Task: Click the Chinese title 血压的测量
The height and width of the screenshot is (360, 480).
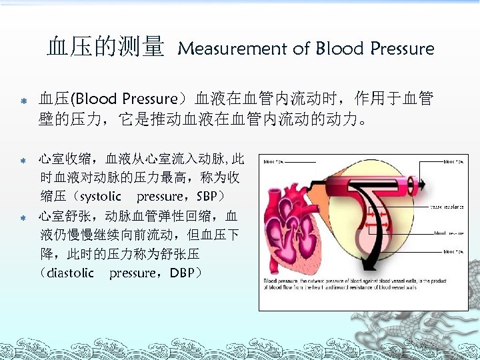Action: click(x=105, y=47)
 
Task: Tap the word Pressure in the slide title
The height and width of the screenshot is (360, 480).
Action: click(x=402, y=49)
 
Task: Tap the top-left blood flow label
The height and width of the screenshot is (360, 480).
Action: click(x=277, y=161)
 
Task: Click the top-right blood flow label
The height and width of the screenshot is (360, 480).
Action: click(x=453, y=161)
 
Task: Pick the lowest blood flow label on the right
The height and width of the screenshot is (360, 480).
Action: click(x=453, y=251)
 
